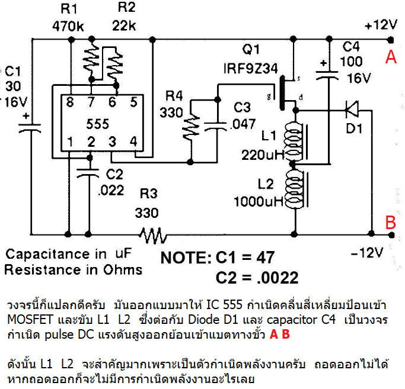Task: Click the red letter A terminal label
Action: tap(390, 57)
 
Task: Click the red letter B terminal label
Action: tap(390, 223)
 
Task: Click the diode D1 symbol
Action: tap(351, 108)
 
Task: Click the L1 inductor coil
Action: tap(294, 140)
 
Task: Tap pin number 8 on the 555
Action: tap(71, 102)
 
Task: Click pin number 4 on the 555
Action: tap(133, 142)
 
